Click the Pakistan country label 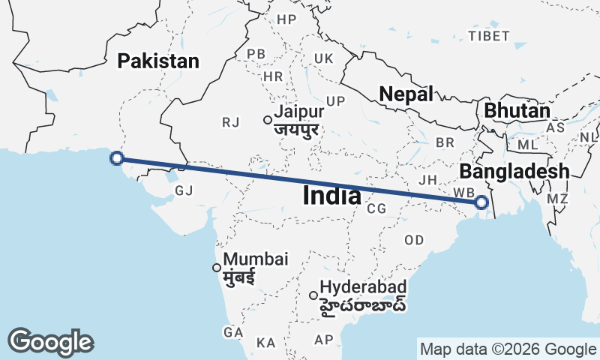(x=158, y=61)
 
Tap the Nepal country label (x=406, y=94)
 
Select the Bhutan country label (x=517, y=110)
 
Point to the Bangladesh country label (x=514, y=171)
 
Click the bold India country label (x=332, y=196)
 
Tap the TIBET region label (x=488, y=36)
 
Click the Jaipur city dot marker (x=267, y=119)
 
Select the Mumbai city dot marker (x=217, y=267)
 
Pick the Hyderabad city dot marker (x=313, y=295)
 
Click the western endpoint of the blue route (x=116, y=157)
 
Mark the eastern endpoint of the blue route (x=481, y=202)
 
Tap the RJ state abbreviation (x=229, y=121)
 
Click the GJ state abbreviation (x=184, y=191)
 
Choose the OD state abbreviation (x=414, y=240)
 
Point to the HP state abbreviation (x=286, y=19)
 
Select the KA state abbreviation (x=265, y=342)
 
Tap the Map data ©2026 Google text (x=508, y=349)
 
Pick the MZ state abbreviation (x=557, y=199)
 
